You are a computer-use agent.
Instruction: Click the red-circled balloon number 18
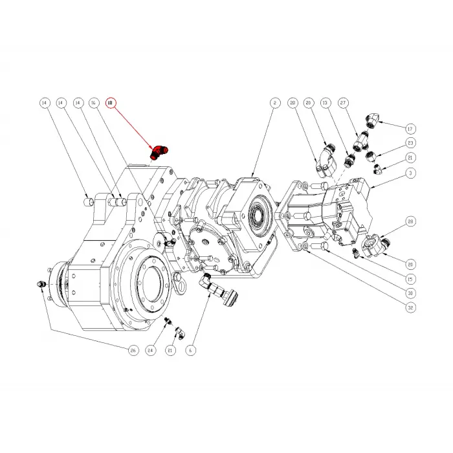[x=110, y=103]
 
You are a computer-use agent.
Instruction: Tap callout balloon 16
[x=93, y=103]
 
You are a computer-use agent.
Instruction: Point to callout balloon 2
[x=274, y=103]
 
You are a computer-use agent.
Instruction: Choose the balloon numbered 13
[x=326, y=103]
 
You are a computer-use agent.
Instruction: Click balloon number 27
[x=343, y=103]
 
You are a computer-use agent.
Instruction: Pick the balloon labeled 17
[x=410, y=127]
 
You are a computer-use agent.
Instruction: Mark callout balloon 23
[x=410, y=142]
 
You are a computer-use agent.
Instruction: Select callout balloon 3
[x=410, y=173]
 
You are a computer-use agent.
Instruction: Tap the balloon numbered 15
[x=410, y=280]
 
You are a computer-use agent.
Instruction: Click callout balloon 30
[x=410, y=293]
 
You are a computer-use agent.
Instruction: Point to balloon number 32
[x=410, y=308]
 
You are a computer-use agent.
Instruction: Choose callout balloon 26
[x=133, y=350]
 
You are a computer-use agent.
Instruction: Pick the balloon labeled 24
[x=151, y=350]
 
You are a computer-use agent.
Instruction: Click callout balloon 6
[x=190, y=350]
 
